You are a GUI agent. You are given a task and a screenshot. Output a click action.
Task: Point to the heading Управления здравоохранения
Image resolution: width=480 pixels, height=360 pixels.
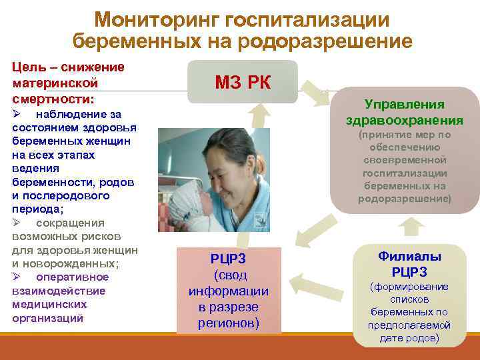tap(405, 113)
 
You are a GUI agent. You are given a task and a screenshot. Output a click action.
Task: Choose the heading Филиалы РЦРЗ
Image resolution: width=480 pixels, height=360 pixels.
tap(409, 264)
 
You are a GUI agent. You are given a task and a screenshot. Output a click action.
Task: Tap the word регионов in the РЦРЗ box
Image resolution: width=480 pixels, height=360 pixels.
tap(229, 323)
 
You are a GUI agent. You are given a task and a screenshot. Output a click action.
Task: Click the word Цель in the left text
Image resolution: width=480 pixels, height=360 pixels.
tap(26, 67)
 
